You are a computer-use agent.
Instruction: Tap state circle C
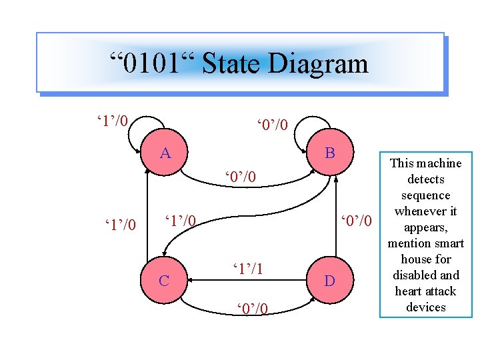(x=164, y=281)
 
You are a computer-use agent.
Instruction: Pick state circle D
(x=329, y=281)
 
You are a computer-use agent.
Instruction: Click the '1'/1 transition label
(x=247, y=268)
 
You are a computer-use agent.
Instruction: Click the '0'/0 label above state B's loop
(x=273, y=125)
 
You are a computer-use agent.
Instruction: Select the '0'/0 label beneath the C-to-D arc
(x=253, y=308)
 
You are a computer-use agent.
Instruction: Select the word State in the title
(x=231, y=64)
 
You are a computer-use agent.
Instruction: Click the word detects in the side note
(x=426, y=179)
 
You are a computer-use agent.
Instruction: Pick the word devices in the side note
(x=426, y=307)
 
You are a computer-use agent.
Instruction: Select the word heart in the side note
(x=409, y=291)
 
